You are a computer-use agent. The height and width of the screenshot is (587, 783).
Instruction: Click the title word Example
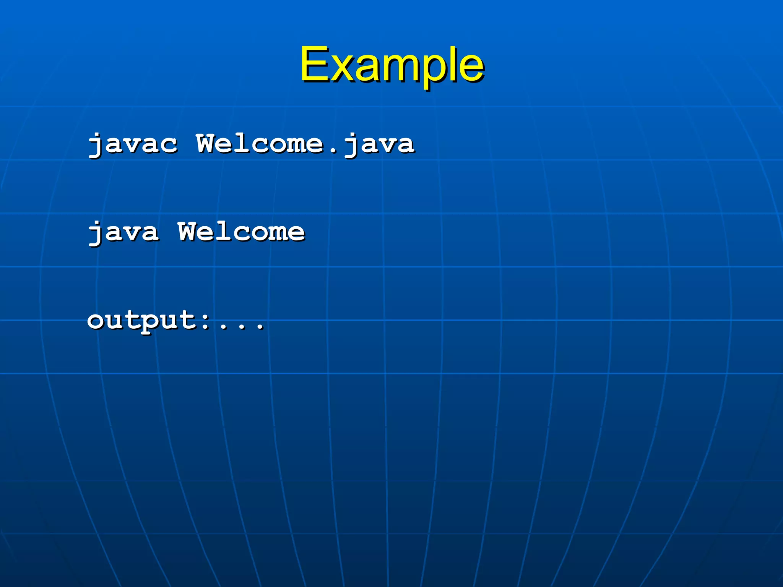pyautogui.click(x=392, y=65)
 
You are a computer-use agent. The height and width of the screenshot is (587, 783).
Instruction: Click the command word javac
pyautogui.click(x=133, y=144)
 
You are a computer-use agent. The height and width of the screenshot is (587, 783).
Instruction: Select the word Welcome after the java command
pyautogui.click(x=241, y=232)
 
